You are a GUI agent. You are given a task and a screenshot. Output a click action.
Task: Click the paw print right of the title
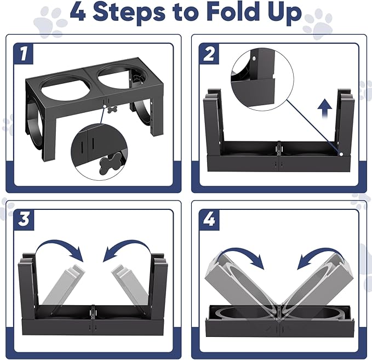pyautogui.click(x=318, y=22)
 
